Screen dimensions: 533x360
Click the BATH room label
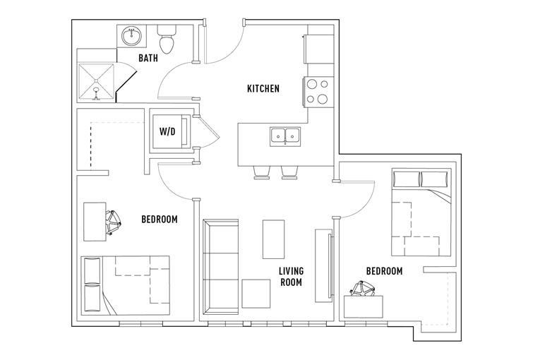click(x=148, y=58)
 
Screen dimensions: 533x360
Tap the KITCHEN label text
click(x=263, y=89)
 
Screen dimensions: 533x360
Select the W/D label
click(x=167, y=131)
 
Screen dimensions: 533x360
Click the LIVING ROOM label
click(x=291, y=277)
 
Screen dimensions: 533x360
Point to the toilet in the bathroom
click(x=167, y=40)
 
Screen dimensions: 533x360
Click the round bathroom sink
click(x=132, y=36)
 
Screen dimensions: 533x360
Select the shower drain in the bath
click(x=97, y=90)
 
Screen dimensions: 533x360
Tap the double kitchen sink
click(x=285, y=137)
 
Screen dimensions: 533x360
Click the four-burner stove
click(x=318, y=92)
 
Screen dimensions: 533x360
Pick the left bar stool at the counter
click(x=262, y=173)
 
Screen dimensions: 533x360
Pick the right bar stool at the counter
click(x=290, y=173)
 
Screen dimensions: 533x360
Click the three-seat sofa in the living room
click(x=220, y=267)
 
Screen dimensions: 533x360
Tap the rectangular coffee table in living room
click(x=273, y=239)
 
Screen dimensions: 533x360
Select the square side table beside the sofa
click(x=256, y=294)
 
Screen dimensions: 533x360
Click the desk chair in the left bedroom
click(x=113, y=222)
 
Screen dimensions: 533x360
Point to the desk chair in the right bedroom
click(x=363, y=289)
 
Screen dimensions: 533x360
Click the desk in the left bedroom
click(x=95, y=222)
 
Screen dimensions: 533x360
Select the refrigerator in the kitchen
click(x=319, y=49)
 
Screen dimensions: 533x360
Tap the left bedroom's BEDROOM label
click(x=160, y=220)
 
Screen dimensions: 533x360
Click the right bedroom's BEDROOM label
click(x=385, y=271)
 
